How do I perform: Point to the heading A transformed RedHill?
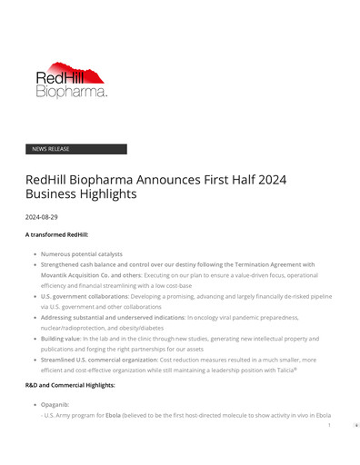tap(56, 235)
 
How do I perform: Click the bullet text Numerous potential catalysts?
tap(81, 254)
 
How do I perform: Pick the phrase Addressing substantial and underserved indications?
tap(112, 317)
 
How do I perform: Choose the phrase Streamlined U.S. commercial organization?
tap(98, 360)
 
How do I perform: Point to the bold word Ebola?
tap(112, 414)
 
